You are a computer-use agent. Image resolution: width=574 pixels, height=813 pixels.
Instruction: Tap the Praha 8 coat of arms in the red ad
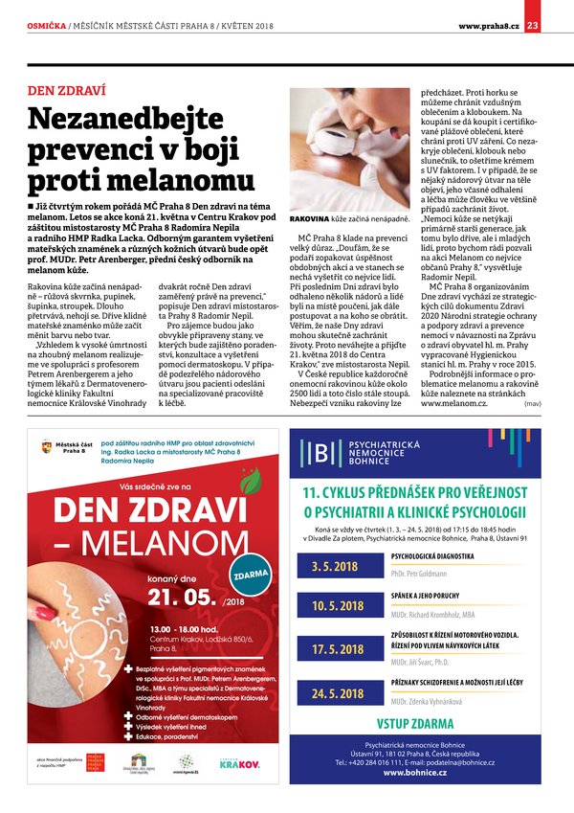point(48,446)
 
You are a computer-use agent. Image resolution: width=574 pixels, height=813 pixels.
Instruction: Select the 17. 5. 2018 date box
point(338,650)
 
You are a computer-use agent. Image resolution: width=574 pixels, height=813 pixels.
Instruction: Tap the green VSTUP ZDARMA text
point(414,723)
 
